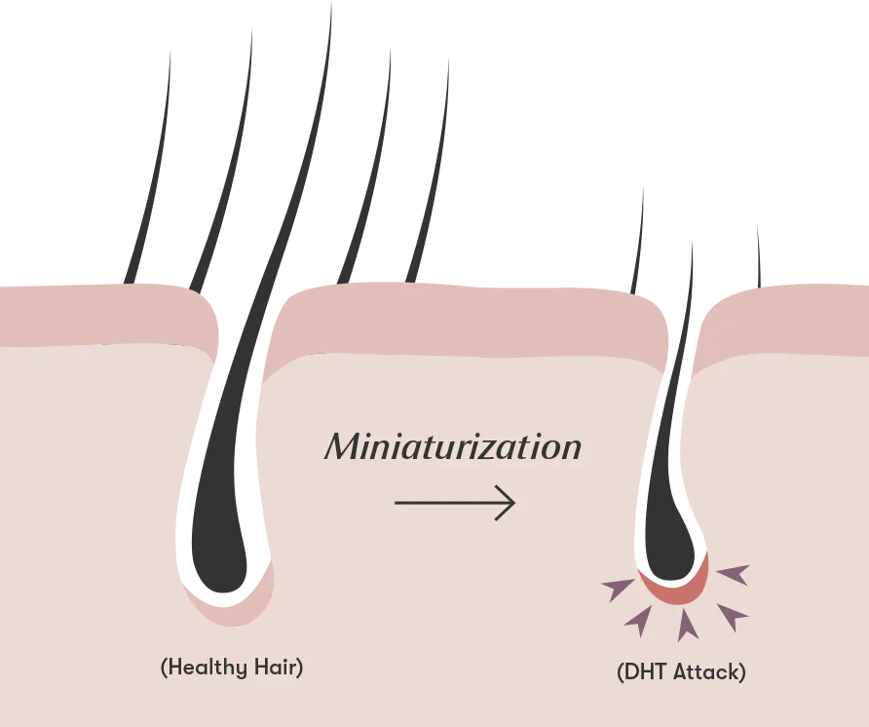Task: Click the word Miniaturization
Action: point(453,447)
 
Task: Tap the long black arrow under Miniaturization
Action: point(455,503)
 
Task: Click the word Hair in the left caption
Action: point(276,667)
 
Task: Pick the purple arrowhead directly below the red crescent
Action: point(687,625)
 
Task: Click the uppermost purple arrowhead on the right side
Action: point(735,574)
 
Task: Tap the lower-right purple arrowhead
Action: point(733,616)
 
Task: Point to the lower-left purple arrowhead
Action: point(639,621)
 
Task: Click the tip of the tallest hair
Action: point(331,2)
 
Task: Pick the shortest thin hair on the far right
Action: point(759,258)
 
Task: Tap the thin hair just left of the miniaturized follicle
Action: point(638,242)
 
